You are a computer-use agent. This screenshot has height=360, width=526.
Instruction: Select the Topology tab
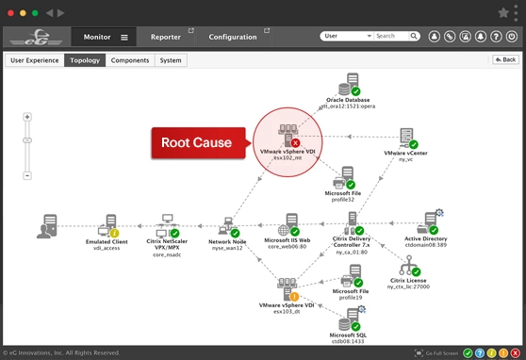84,60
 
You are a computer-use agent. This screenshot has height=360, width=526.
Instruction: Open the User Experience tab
35,60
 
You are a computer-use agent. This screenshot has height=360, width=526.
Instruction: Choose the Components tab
130,60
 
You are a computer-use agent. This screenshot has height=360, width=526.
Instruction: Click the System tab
171,60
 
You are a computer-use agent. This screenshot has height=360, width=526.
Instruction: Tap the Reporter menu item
166,37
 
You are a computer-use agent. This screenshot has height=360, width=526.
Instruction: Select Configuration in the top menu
232,37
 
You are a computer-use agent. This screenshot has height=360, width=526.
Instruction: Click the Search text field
397,36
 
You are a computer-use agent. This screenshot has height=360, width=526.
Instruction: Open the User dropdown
347,36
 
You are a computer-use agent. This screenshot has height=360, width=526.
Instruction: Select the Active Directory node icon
430,224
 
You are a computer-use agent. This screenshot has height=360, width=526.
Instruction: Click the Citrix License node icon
408,267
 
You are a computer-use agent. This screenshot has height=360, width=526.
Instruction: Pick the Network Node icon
226,226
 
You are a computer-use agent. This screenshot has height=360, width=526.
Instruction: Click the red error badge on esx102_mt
296,142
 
